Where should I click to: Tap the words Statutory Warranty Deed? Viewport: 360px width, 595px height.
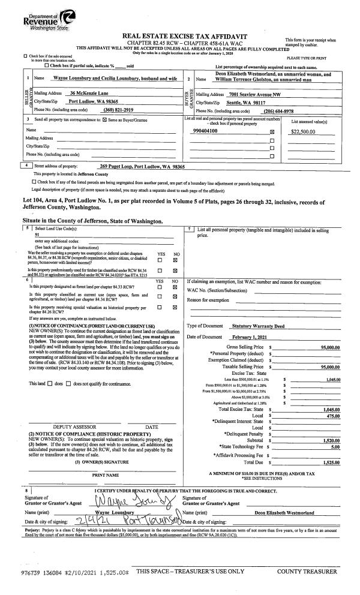pos(259,325)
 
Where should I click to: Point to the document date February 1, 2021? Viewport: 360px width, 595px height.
pos(252,337)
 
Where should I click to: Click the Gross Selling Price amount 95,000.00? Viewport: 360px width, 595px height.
pos(329,347)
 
